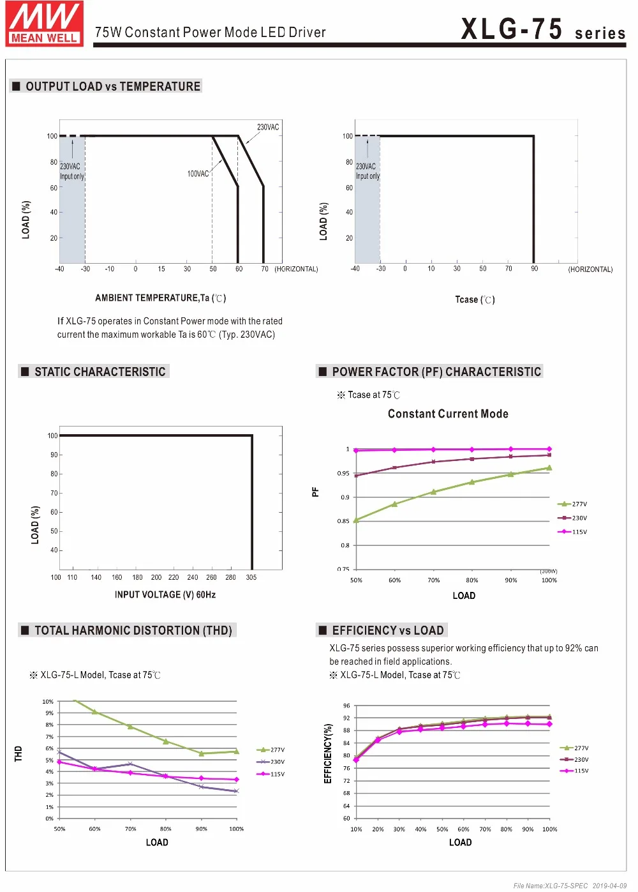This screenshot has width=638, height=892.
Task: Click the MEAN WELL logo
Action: point(44,24)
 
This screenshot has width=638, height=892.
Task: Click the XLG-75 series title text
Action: point(544,29)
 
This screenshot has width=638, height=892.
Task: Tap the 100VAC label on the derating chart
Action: point(198,174)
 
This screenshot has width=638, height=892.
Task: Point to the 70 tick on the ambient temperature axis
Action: point(265,269)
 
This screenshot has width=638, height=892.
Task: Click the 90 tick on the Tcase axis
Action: point(534,268)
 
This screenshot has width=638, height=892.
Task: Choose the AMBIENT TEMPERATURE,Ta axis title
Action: point(160,298)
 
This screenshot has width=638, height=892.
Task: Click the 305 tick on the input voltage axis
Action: point(251,577)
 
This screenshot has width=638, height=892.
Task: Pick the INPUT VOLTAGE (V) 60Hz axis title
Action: point(165,594)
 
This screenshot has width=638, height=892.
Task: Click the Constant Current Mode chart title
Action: point(448,414)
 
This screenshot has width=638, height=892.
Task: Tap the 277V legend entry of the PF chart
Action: point(572,504)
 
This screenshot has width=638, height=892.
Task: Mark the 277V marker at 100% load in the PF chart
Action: point(549,468)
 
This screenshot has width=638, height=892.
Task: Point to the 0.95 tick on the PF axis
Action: point(343,474)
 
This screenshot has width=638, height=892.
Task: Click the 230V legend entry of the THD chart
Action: point(271,762)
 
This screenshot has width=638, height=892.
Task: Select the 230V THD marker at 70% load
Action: point(130,764)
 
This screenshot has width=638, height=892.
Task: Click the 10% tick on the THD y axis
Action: point(48,701)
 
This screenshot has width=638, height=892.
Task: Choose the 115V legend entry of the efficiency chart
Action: point(574,771)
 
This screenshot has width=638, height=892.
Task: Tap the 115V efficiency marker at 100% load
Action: point(550,724)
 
